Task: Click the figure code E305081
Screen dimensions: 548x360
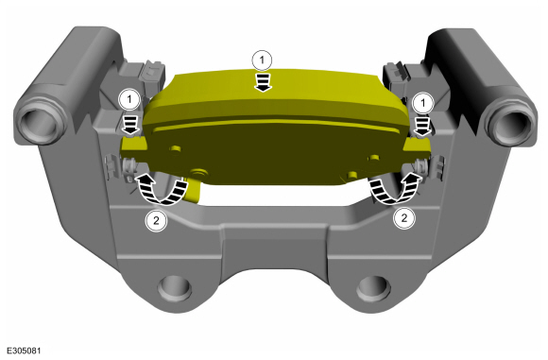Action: click(24, 351)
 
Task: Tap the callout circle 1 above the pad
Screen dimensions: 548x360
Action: click(262, 60)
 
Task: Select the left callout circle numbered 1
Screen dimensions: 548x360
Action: click(129, 100)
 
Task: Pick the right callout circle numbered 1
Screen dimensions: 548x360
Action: click(423, 103)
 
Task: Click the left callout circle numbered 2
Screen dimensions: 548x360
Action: click(156, 220)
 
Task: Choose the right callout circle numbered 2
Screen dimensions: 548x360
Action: click(404, 218)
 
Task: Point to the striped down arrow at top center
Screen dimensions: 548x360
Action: click(263, 82)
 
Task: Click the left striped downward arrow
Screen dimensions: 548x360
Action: click(130, 125)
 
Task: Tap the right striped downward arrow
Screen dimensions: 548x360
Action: click(422, 127)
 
